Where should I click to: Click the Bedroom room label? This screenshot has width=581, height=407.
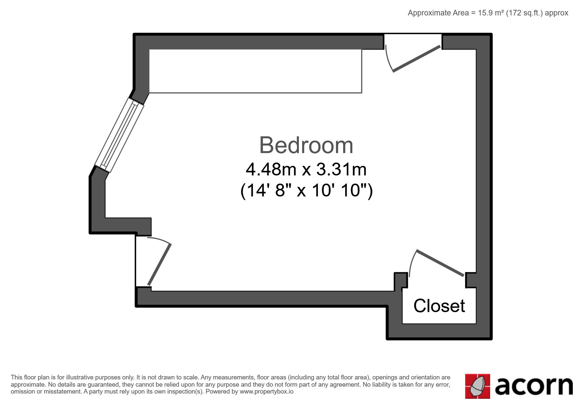pos(306,145)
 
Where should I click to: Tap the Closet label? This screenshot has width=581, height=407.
pos(439,306)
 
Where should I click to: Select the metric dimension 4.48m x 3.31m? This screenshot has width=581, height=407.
pos(306,170)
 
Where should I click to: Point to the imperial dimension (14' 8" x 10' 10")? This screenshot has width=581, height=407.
pos(306,190)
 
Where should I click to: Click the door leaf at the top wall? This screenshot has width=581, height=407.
pos(417,58)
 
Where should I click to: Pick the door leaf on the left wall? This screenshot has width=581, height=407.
pos(159,264)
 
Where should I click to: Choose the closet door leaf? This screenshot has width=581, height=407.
pos(440,263)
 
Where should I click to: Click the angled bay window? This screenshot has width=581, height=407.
pos(120,135)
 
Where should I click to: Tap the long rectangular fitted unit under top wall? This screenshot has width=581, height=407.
pos(256,71)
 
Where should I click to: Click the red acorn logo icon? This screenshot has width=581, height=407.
pos(478,386)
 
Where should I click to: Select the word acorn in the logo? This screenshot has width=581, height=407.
pos(534,386)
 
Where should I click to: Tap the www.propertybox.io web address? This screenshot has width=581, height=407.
pos(266,392)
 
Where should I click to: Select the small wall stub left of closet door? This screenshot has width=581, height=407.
pos(401,282)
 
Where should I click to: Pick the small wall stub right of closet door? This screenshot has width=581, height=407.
pos(470,280)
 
